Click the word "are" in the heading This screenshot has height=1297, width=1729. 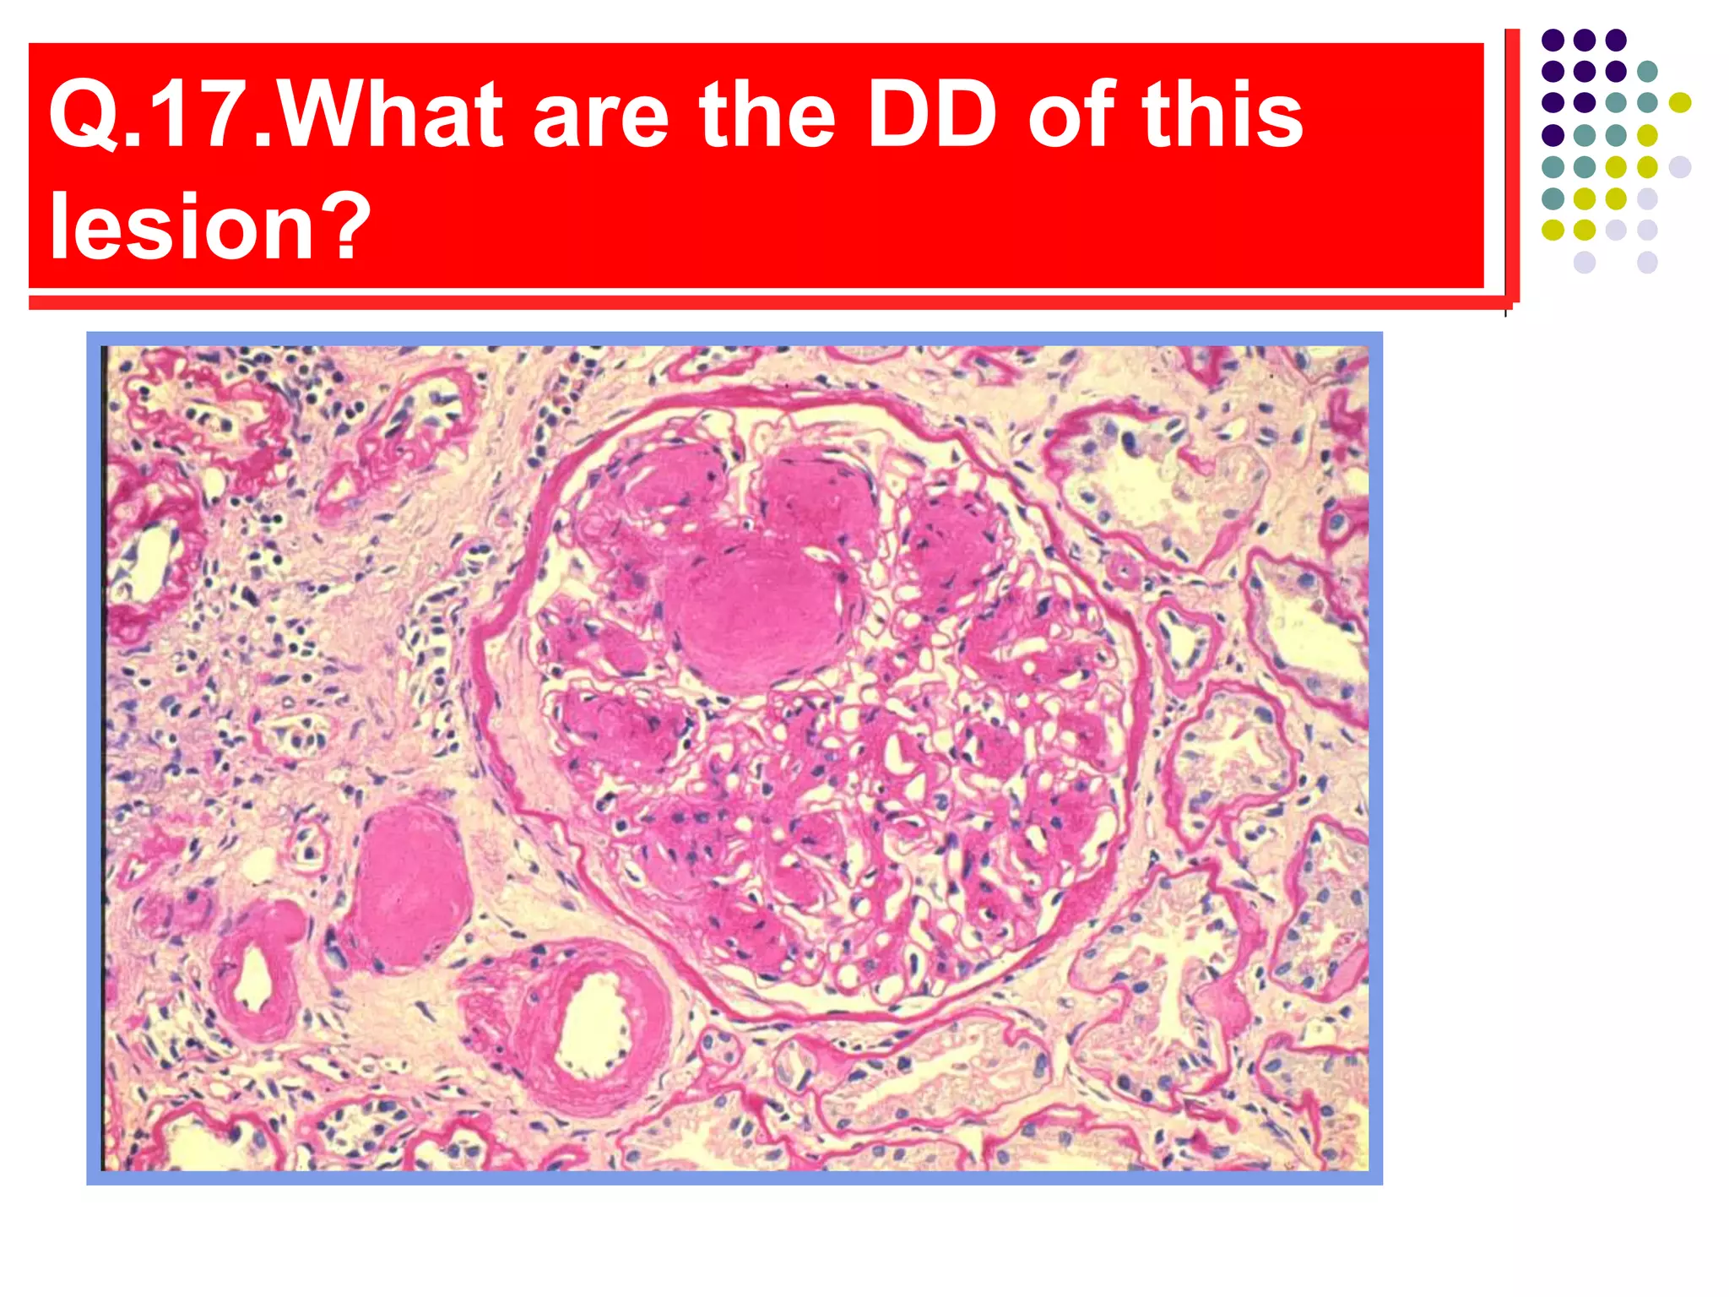pyautogui.click(x=600, y=116)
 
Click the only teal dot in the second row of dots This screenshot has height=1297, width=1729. pyautogui.click(x=1646, y=71)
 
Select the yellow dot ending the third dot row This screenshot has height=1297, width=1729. pyautogui.click(x=1679, y=103)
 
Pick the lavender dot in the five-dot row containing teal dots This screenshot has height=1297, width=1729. pyautogui.click(x=1679, y=166)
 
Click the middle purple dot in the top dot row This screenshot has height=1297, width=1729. pyautogui.click(x=1584, y=40)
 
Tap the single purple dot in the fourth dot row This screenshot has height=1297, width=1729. pyautogui.click(x=1553, y=135)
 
